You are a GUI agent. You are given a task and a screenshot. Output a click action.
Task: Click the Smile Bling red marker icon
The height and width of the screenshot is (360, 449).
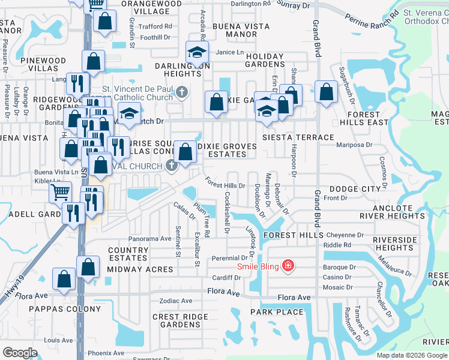[289, 265]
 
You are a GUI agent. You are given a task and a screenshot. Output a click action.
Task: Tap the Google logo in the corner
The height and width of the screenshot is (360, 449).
[20, 353]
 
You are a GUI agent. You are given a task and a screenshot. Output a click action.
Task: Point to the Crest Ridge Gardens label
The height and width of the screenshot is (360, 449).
[175, 320]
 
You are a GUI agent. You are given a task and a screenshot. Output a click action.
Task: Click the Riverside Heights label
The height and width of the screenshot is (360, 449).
[394, 244]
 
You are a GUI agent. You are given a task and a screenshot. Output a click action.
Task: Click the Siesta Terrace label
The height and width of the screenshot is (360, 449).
[298, 137]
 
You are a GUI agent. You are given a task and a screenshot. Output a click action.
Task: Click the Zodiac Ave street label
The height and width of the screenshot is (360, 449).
[175, 301]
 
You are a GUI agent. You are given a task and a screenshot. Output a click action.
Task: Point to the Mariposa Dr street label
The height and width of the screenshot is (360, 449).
[355, 144]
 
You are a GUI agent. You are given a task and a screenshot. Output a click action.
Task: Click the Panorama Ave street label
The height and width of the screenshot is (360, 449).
[150, 238]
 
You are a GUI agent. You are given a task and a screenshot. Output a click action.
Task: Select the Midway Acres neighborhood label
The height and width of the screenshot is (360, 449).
[140, 269]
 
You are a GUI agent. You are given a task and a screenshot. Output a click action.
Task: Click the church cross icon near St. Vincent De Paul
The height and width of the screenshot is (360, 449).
[183, 92]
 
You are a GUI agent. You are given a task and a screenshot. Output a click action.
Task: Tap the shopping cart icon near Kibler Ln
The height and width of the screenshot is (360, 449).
[61, 192]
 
